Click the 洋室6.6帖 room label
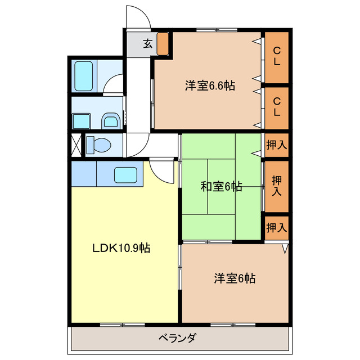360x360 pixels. pyautogui.click(x=210, y=85)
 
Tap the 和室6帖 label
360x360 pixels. pyautogui.click(x=222, y=187)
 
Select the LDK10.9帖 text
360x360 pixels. pyautogui.click(x=121, y=247)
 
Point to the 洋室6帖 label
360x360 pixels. pyautogui.click(x=235, y=278)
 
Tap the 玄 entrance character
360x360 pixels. pyautogui.click(x=147, y=44)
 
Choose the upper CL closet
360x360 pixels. pyautogui.click(x=277, y=57)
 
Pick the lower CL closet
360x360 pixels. pyautogui.click(x=277, y=106)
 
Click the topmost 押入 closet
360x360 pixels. pyautogui.click(x=276, y=145)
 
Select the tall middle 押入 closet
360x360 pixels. pyautogui.click(x=276, y=186)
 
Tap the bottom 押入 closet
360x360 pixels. pyautogui.click(x=276, y=228)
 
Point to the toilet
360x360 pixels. pyautogui.click(x=98, y=145)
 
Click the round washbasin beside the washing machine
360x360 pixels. pyautogui.click(x=111, y=120)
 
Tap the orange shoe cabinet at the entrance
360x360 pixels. pyautogui.click(x=163, y=44)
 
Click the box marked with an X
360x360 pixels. pyautogui.click(x=75, y=145)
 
